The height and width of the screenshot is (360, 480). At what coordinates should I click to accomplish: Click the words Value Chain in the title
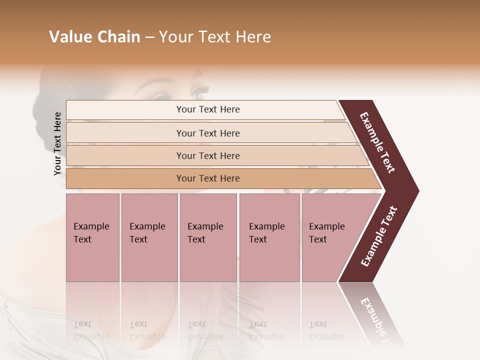click(x=94, y=37)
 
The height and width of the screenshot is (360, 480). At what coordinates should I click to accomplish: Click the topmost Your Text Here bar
click(x=207, y=109)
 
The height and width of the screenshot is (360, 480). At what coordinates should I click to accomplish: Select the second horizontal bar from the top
click(x=207, y=133)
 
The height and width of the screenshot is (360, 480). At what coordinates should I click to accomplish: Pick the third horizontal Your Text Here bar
click(x=207, y=155)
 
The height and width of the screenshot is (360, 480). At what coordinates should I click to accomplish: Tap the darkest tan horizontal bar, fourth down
click(x=207, y=178)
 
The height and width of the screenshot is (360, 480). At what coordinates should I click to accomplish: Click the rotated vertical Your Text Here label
click(x=57, y=143)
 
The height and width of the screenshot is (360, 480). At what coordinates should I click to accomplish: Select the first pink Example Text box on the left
click(x=92, y=237)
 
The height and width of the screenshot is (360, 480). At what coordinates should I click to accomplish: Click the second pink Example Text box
click(x=149, y=237)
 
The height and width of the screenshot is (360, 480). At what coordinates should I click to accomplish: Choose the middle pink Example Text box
click(x=208, y=237)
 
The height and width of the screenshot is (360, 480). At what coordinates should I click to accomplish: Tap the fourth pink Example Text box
click(x=269, y=237)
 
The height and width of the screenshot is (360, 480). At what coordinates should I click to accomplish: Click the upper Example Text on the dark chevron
click(x=378, y=142)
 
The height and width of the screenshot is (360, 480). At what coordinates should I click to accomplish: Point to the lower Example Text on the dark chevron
click(x=379, y=236)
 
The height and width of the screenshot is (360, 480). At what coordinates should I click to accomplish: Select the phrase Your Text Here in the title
click(x=215, y=37)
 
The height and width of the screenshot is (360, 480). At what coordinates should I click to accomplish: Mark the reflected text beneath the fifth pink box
click(x=326, y=330)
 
